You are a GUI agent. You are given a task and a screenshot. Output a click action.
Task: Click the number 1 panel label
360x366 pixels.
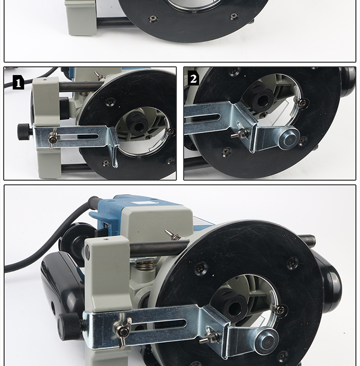coord(18,82)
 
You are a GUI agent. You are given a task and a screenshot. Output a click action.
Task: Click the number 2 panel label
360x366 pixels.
coord(193,79)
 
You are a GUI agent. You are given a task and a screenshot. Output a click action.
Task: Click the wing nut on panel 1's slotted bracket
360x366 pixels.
coord(52,140)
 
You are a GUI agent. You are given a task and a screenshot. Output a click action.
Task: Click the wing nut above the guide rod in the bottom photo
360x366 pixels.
coord(173,235)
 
